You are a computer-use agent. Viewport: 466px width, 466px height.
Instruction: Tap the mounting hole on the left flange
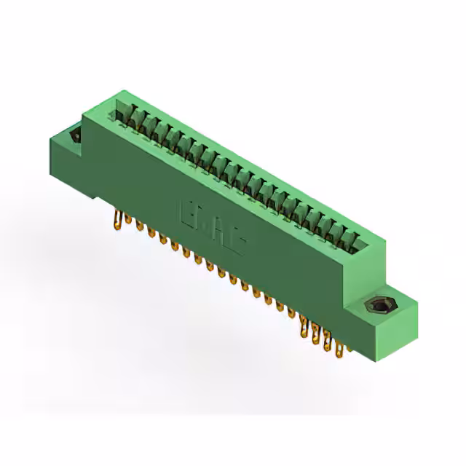click(73, 135)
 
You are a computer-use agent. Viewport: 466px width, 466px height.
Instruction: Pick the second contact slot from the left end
click(134, 116)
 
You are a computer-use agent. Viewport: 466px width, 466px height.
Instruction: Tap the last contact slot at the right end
click(357, 240)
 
